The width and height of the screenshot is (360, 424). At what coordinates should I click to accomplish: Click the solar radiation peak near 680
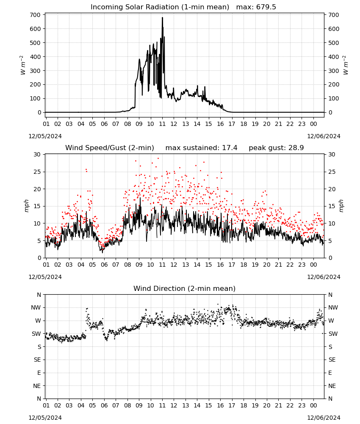pyautogui.click(x=162, y=18)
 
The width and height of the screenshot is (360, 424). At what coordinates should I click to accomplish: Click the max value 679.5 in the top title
pyautogui.click(x=266, y=7)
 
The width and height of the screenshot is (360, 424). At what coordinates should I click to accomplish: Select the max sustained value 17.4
pyautogui.click(x=230, y=148)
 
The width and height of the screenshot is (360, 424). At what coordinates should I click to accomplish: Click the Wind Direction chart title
pyautogui.click(x=185, y=288)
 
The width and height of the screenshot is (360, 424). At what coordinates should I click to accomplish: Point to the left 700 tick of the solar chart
pyautogui.click(x=35, y=15)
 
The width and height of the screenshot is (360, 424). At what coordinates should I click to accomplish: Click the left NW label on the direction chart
pyautogui.click(x=36, y=307)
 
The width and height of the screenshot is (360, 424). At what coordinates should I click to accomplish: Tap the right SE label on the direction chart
pyautogui.click(x=332, y=360)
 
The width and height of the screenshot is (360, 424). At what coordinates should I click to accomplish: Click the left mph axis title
pyautogui.click(x=26, y=206)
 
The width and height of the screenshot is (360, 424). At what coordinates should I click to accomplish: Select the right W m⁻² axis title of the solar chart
pyautogui.click(x=346, y=65)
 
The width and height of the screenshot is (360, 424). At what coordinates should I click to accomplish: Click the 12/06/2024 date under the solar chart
pyautogui.click(x=324, y=136)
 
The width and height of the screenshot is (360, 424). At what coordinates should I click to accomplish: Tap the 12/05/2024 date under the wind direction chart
pyautogui.click(x=45, y=418)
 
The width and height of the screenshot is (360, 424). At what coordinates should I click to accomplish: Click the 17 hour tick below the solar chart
pyautogui.click(x=232, y=124)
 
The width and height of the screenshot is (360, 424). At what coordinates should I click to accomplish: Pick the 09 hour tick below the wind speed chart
pyautogui.click(x=139, y=265)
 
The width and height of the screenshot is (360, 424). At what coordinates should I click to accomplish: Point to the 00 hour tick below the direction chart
pyautogui.click(x=313, y=405)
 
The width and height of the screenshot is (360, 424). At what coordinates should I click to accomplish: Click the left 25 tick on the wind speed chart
pyautogui.click(x=37, y=172)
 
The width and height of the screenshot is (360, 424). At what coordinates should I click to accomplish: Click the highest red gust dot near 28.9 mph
pyautogui.click(x=158, y=158)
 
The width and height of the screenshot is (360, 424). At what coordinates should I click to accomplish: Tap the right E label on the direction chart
pyautogui.click(x=330, y=373)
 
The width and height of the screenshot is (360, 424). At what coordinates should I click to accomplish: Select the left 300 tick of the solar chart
pyautogui.click(x=35, y=70)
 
